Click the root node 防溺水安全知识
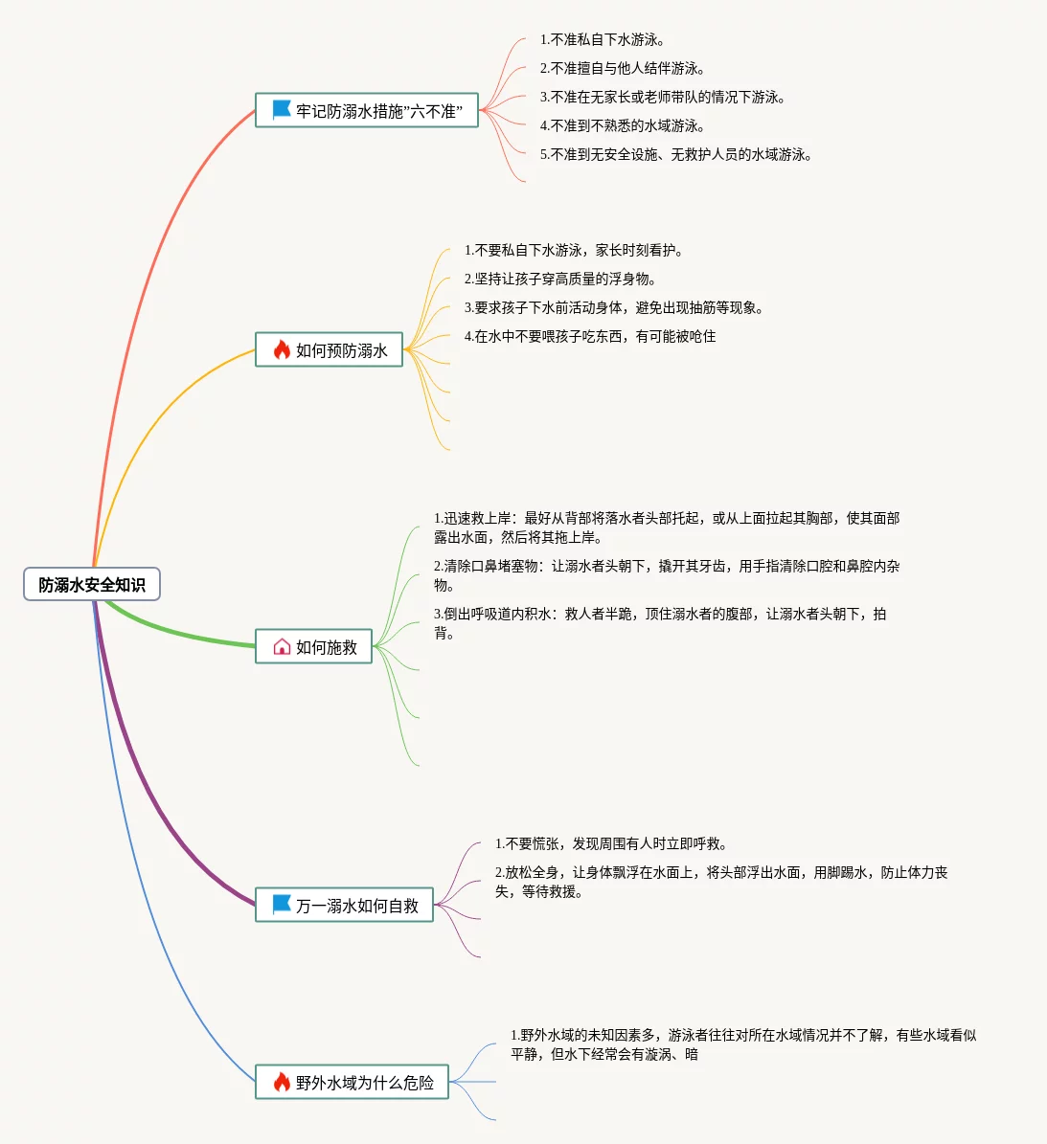[92, 585]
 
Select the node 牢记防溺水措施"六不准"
[367, 111]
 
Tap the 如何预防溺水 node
[330, 350]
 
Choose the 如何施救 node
[314, 647]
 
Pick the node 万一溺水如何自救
[345, 906]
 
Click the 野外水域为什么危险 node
[353, 1083]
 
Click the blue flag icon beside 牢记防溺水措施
[282, 110]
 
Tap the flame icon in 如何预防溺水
[282, 350]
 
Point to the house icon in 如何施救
[282, 647]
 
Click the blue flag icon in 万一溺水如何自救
[282, 905]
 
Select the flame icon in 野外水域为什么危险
[282, 1083]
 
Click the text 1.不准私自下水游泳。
[603, 40]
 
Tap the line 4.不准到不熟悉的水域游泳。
[623, 126]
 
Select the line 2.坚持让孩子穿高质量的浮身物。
[561, 280]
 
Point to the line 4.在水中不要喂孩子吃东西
[590, 337]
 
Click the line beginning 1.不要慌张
[611, 844]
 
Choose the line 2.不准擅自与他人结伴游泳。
[623, 69]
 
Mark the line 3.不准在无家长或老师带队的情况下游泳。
[663, 98]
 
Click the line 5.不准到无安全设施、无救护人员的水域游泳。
[676, 155]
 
